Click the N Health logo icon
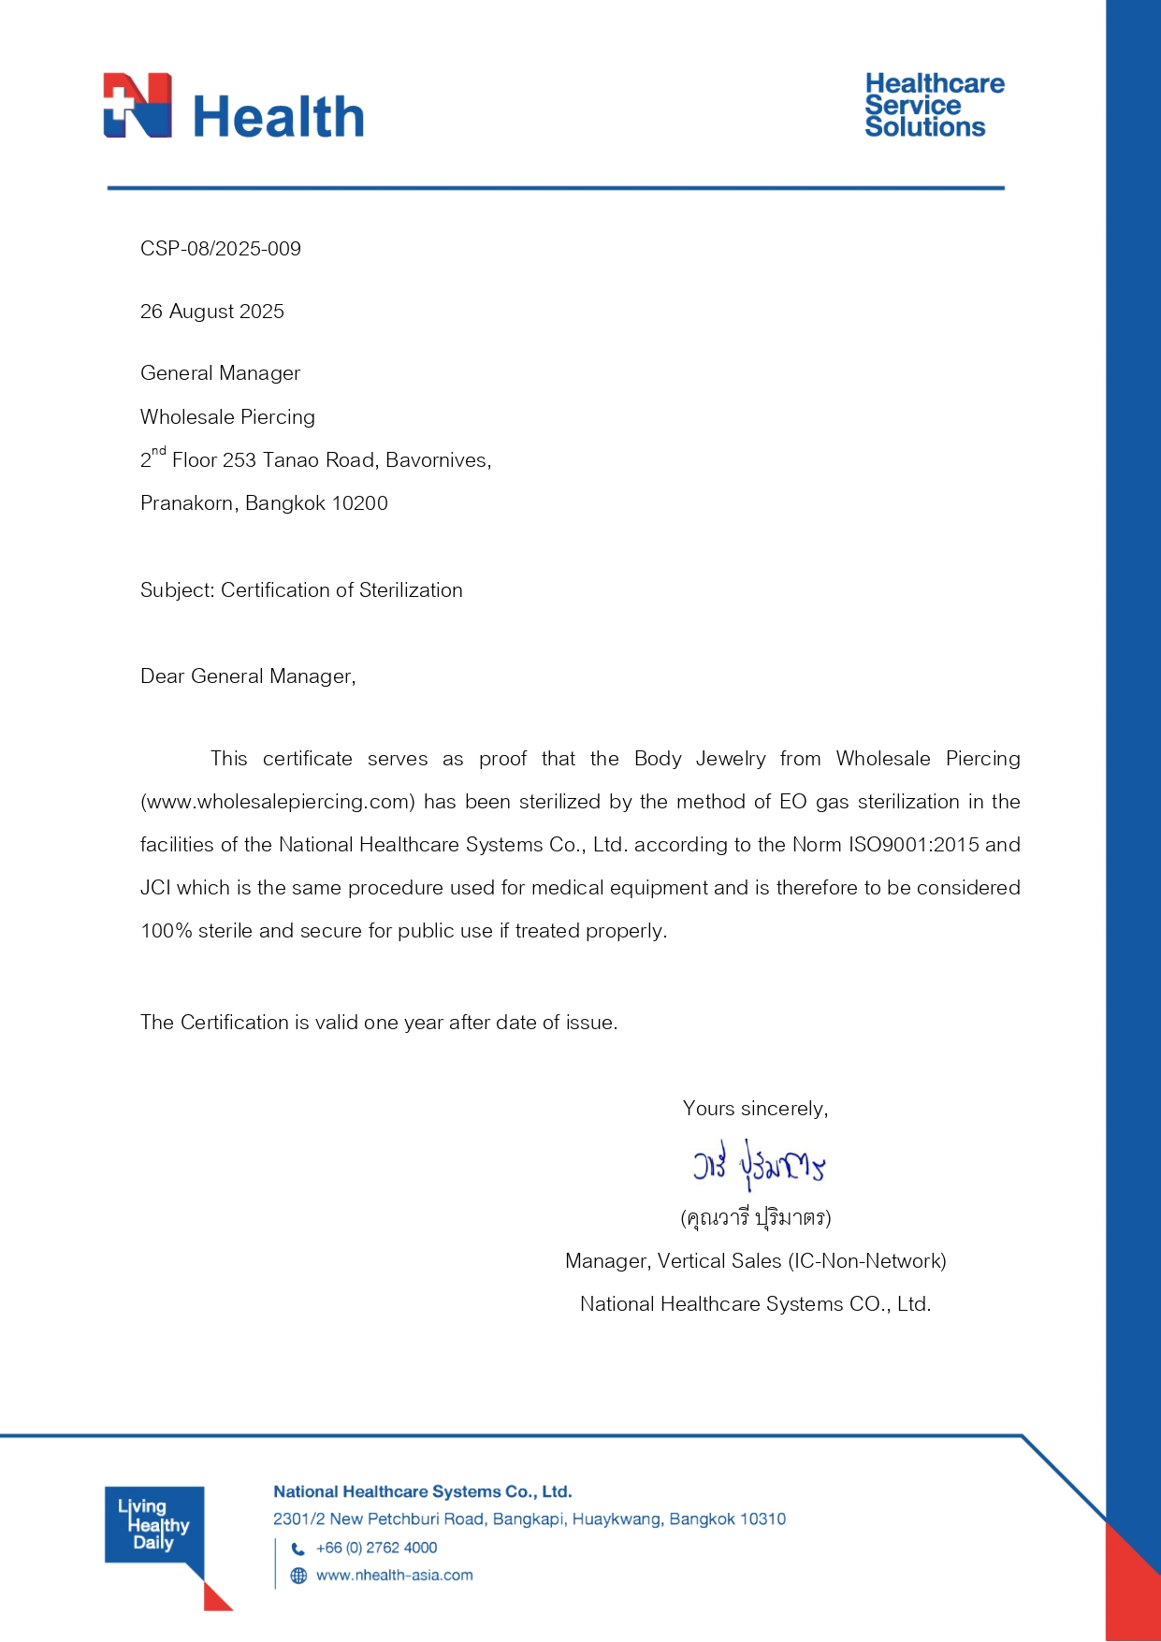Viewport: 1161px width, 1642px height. click(x=138, y=106)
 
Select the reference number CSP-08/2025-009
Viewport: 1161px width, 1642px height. click(x=221, y=249)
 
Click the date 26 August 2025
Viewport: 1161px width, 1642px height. click(x=212, y=312)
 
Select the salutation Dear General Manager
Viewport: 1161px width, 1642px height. click(x=248, y=676)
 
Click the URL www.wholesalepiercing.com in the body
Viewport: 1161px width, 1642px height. click(x=278, y=802)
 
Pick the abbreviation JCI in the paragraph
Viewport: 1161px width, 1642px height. click(x=155, y=888)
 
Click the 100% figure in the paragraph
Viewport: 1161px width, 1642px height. click(x=166, y=931)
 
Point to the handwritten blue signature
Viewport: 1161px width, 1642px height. click(x=759, y=1165)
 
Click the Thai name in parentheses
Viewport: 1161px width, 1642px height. click(x=756, y=1217)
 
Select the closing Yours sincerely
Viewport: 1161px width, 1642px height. click(x=755, y=1109)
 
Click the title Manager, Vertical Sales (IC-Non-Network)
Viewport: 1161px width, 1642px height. click(x=756, y=1261)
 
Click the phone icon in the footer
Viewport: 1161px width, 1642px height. click(x=298, y=1548)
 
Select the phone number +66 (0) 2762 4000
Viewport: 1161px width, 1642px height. click(x=377, y=1548)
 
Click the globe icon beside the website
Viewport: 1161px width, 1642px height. click(x=298, y=1576)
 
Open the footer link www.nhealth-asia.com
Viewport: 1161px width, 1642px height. click(x=395, y=1576)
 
